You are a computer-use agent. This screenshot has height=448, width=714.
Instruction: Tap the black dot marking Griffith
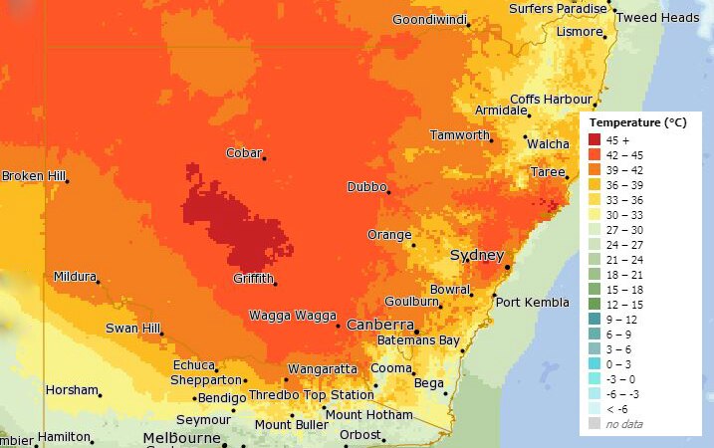coord(275,285)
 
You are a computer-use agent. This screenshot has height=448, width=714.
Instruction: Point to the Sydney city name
coord(477,256)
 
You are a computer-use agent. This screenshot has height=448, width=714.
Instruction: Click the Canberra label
coord(379,325)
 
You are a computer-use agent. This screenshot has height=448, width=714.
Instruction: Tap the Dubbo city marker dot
coord(388,192)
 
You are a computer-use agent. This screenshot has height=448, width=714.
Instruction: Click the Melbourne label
coord(181,438)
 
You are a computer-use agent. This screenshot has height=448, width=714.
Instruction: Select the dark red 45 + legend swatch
coord(595,139)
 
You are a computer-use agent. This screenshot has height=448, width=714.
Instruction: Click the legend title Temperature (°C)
coord(637,121)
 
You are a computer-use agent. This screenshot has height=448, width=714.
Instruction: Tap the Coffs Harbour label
coord(551,100)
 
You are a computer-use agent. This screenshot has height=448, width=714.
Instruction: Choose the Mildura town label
coord(76,276)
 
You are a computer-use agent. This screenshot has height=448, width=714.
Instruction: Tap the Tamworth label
coord(459,134)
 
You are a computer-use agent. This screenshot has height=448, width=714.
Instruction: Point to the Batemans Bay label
coord(418,340)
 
